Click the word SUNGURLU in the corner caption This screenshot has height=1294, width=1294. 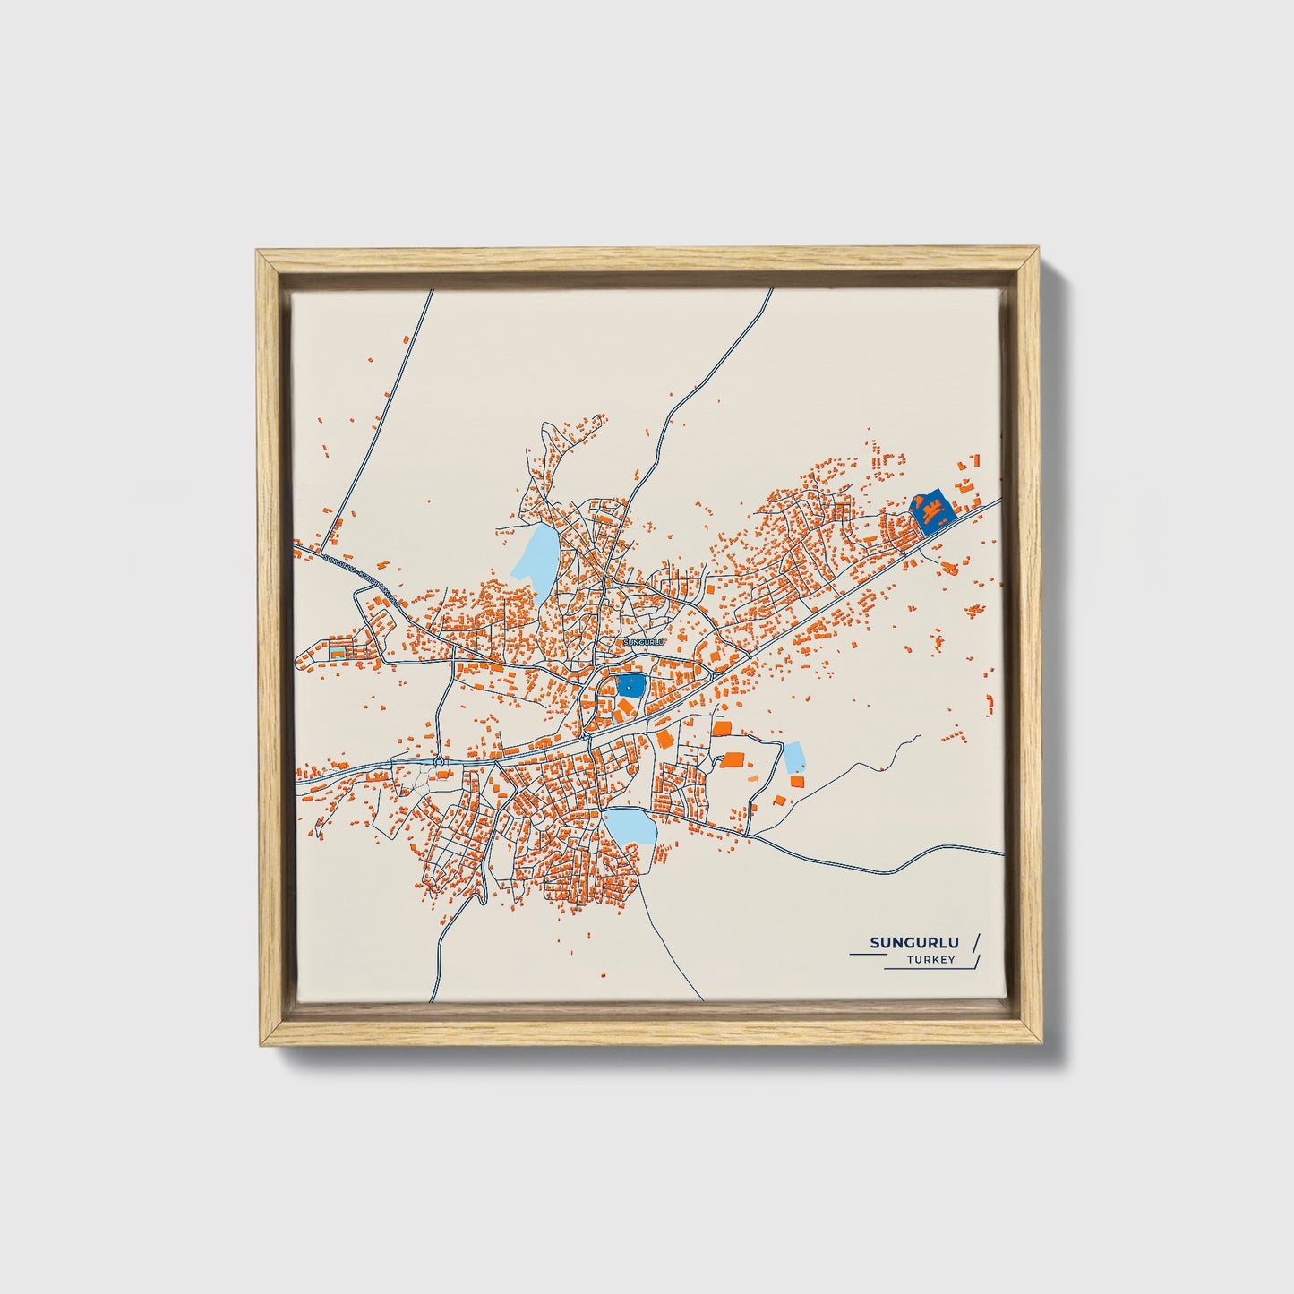point(914,942)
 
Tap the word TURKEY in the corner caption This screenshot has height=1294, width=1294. point(930,960)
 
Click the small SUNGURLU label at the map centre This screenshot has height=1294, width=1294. point(645,642)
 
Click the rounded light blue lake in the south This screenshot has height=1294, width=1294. point(630,826)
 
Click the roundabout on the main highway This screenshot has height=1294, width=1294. point(439,761)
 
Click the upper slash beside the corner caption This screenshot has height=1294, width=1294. point(975,942)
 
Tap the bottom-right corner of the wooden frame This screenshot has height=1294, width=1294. point(1040,1044)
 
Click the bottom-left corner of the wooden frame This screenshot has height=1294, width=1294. point(258,1044)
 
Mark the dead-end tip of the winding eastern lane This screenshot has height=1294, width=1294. point(920,736)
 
